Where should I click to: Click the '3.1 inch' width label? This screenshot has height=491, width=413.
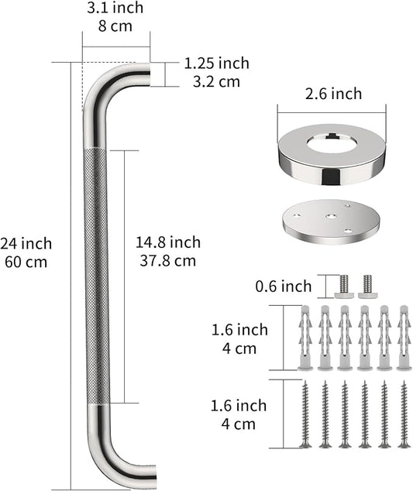[115, 9]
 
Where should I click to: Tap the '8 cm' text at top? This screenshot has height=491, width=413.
[115, 26]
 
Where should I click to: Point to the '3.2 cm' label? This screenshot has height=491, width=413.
[212, 81]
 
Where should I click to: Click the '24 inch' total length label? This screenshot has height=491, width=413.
[26, 244]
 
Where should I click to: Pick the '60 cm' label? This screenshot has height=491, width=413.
[26, 262]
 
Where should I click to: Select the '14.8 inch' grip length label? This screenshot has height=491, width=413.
[168, 243]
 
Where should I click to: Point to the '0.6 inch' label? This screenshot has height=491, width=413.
[284, 287]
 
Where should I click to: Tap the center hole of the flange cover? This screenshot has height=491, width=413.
[331, 144]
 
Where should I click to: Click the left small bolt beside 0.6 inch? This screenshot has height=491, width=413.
[344, 286]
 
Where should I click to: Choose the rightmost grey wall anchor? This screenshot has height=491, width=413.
[403, 338]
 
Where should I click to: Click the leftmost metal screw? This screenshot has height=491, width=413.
[305, 414]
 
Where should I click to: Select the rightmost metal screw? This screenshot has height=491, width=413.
[403, 414]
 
